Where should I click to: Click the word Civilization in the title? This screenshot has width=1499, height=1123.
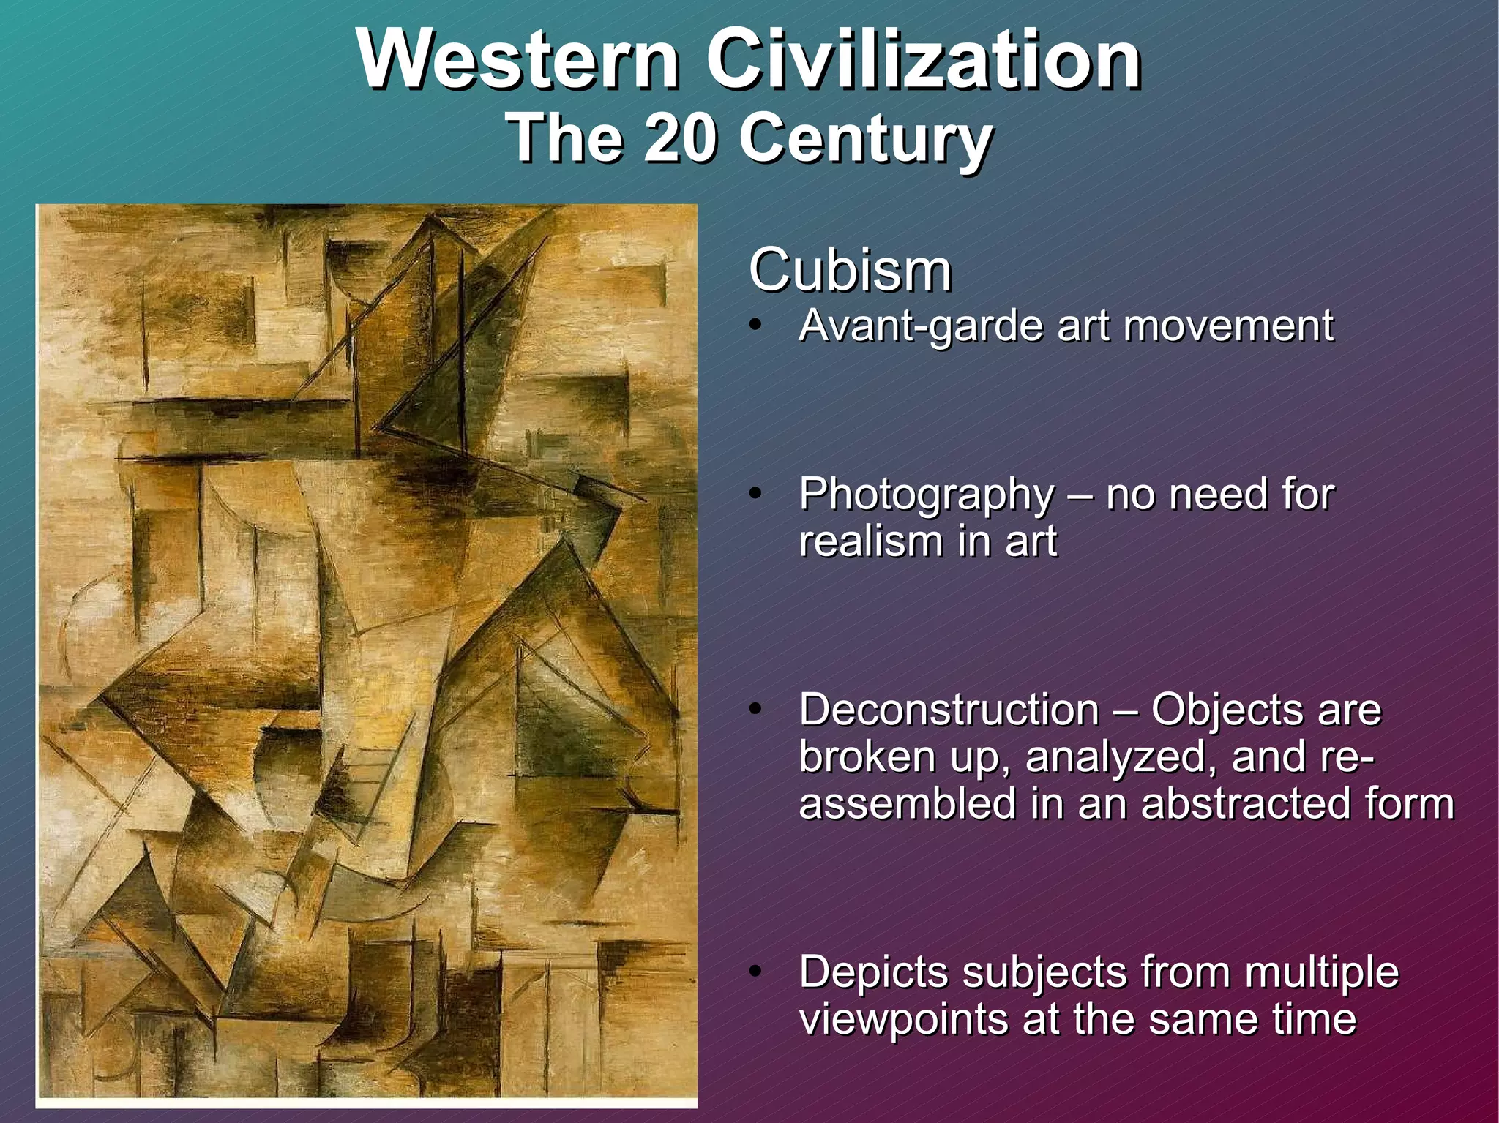coord(923,60)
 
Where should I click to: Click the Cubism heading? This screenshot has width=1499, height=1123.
coord(850,271)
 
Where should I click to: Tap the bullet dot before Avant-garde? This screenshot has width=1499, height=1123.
coord(757,326)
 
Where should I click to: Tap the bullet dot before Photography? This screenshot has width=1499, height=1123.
coord(757,494)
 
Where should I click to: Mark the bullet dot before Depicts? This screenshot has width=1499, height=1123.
coord(757,972)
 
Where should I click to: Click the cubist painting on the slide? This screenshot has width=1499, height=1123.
coord(366,655)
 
